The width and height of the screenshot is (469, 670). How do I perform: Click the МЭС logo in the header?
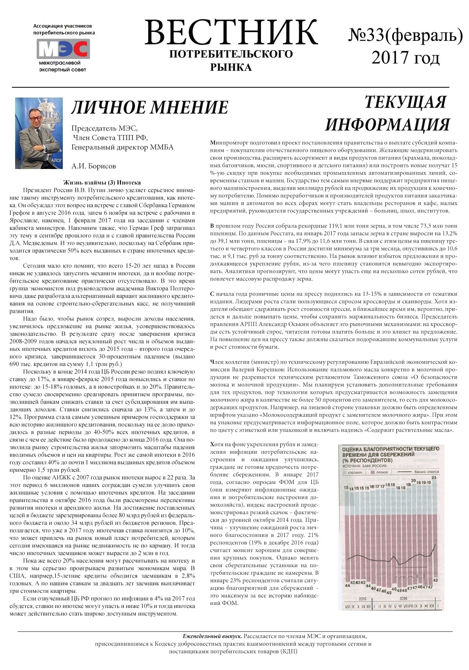point(63,49)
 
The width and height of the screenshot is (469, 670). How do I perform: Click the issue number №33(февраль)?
point(405,36)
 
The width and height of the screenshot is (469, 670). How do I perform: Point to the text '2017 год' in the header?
point(405,57)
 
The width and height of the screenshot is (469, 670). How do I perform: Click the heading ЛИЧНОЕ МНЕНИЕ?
point(150,108)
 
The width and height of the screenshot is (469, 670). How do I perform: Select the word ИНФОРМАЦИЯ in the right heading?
point(387,124)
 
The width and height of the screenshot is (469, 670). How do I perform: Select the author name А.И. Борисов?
point(93,166)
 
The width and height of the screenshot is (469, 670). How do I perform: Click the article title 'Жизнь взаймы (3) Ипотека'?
point(102,182)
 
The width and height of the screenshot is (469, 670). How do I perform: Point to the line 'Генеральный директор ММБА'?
point(122,147)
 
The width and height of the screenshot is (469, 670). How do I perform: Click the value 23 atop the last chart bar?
point(434,478)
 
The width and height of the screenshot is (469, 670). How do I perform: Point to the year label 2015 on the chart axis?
point(362,599)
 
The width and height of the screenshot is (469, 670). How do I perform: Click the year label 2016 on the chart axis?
point(403,599)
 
